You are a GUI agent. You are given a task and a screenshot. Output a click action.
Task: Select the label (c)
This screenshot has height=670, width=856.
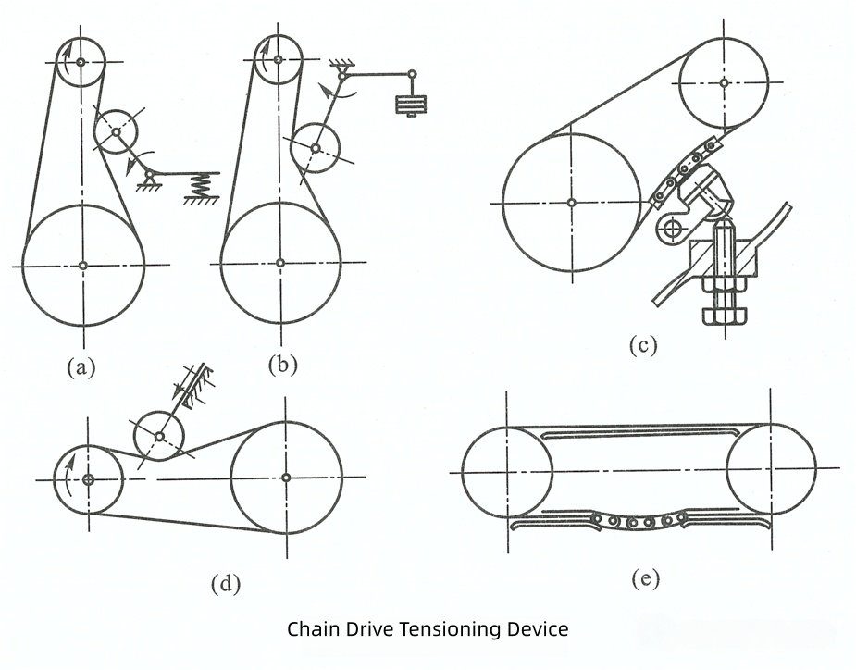pos(643,346)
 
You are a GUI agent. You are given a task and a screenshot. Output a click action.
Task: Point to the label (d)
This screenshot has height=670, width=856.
pos(226,584)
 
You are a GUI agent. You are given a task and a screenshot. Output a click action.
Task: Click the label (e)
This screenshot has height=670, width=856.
pos(645,579)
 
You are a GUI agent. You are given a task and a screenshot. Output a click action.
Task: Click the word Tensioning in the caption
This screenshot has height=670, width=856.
pos(449,630)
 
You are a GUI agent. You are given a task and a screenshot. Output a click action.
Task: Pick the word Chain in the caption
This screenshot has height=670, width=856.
pos(312,630)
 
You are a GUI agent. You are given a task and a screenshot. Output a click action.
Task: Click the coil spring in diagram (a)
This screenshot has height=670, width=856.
pos(197,185)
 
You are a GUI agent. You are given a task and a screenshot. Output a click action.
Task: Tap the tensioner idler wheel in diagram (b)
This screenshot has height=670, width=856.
pos(316,148)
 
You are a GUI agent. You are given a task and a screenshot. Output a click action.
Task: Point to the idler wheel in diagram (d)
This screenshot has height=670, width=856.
pos(158,435)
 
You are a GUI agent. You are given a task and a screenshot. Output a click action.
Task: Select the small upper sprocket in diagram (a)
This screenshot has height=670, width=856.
pos(81,62)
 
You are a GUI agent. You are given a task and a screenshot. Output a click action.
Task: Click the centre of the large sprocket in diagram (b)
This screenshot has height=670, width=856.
pos(281,263)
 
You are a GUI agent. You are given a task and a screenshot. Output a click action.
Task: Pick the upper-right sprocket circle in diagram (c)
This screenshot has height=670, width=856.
pos(724,81)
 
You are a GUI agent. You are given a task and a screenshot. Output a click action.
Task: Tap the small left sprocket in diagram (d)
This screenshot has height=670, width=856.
pos(88,479)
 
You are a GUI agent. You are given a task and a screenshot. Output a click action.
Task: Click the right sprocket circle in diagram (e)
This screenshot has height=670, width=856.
pos(771,470)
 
